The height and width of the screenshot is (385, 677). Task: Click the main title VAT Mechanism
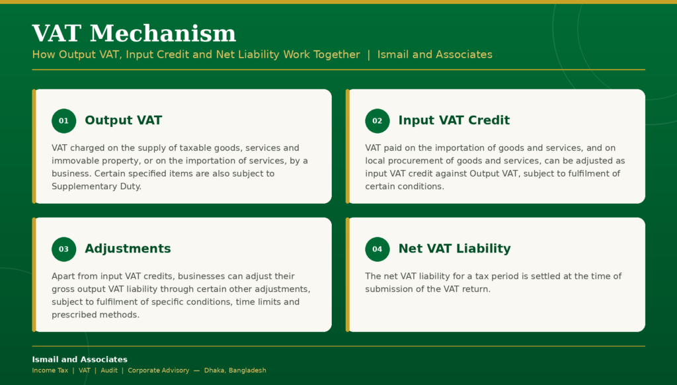[134, 33]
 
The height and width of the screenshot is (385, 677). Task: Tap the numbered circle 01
[64, 121]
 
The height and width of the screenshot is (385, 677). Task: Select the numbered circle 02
[378, 121]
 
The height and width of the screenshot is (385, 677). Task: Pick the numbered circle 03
[64, 249]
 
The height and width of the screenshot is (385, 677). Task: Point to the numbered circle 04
[378, 249]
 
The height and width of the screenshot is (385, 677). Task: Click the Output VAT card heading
[124, 120]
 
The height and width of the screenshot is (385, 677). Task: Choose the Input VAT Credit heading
[454, 120]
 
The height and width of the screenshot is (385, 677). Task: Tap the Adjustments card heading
[128, 249]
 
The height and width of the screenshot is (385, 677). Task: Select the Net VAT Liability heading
[455, 249]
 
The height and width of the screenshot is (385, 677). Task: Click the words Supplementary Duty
[96, 187]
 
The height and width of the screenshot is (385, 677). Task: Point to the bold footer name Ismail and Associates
[79, 359]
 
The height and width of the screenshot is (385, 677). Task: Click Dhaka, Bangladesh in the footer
[235, 370]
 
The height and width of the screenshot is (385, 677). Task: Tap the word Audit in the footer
[109, 370]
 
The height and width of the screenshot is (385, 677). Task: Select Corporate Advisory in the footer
[159, 370]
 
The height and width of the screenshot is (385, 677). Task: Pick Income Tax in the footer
[50, 370]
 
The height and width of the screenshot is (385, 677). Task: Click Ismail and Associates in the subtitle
[435, 54]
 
